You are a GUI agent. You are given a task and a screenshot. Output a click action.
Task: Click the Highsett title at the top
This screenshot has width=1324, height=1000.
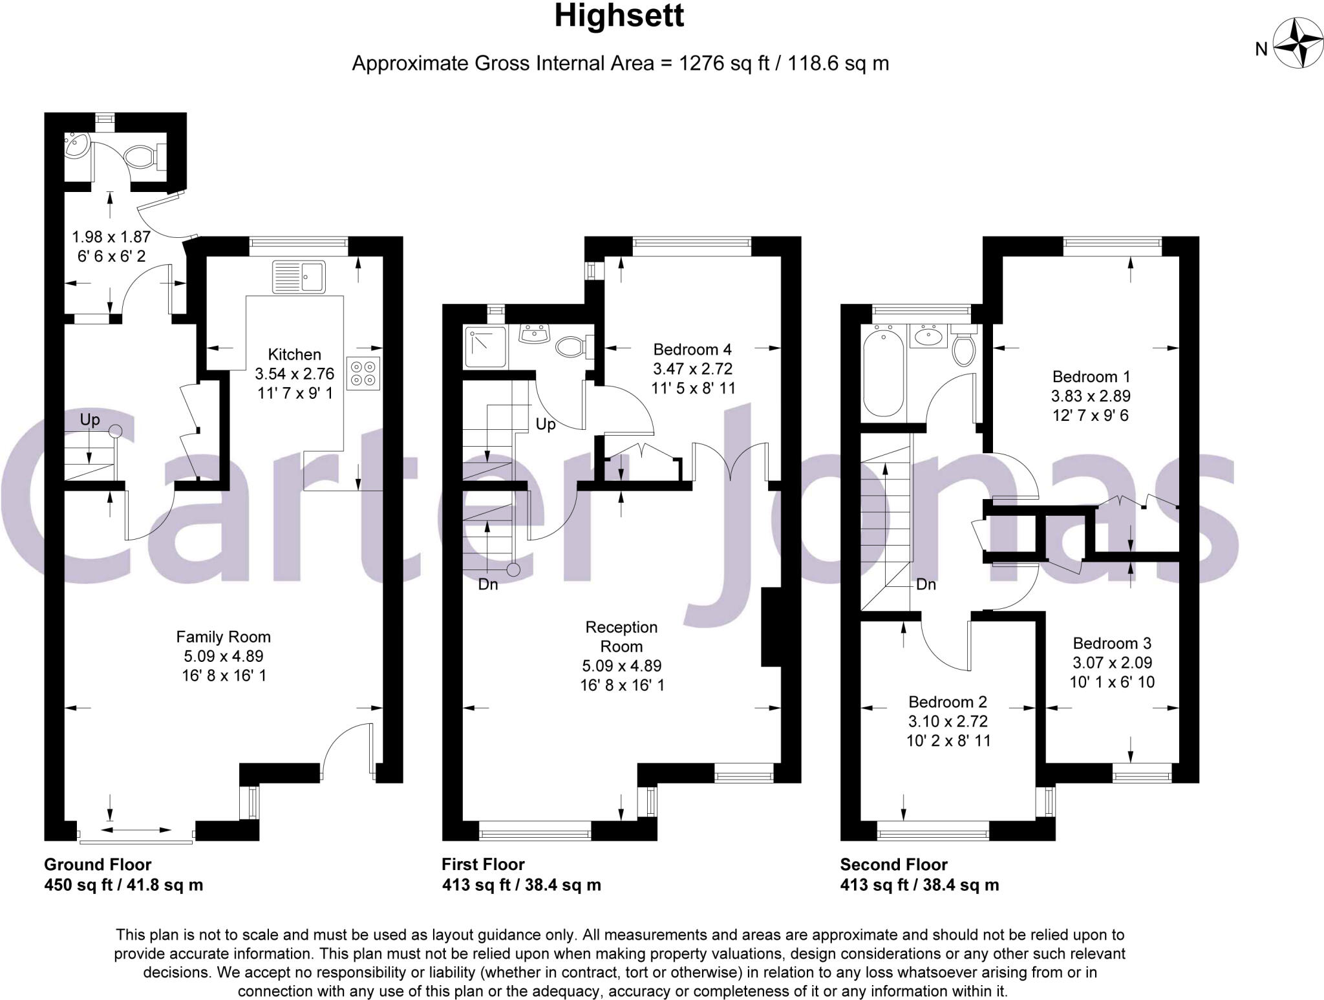619,16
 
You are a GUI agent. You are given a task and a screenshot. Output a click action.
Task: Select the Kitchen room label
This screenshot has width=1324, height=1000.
294,354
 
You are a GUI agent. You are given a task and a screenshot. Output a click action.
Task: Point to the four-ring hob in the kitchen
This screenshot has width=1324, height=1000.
363,373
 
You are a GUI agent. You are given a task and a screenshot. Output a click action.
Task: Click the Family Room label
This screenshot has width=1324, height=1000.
223,637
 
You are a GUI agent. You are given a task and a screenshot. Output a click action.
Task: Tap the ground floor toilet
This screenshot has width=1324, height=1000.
141,156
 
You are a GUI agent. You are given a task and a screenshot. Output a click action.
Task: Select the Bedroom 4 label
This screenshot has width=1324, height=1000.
692,350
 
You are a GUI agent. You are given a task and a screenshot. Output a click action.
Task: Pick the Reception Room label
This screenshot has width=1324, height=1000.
621,636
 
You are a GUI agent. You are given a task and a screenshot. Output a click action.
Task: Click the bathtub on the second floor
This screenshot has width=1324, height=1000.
882,372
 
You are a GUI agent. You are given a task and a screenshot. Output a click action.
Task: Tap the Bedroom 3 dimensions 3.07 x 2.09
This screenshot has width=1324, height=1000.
1112,663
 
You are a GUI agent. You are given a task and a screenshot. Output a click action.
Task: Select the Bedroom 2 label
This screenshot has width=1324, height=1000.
948,702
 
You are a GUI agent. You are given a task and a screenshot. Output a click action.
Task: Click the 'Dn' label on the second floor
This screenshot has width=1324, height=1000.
926,584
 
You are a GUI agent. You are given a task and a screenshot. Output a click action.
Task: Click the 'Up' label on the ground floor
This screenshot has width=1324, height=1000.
90,420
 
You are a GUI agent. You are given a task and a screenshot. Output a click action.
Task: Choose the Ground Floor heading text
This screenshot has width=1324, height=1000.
98,864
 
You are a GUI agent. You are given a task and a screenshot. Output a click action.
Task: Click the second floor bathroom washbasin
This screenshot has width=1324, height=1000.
928,337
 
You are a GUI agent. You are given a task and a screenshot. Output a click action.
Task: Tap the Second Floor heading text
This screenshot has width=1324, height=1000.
893,864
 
